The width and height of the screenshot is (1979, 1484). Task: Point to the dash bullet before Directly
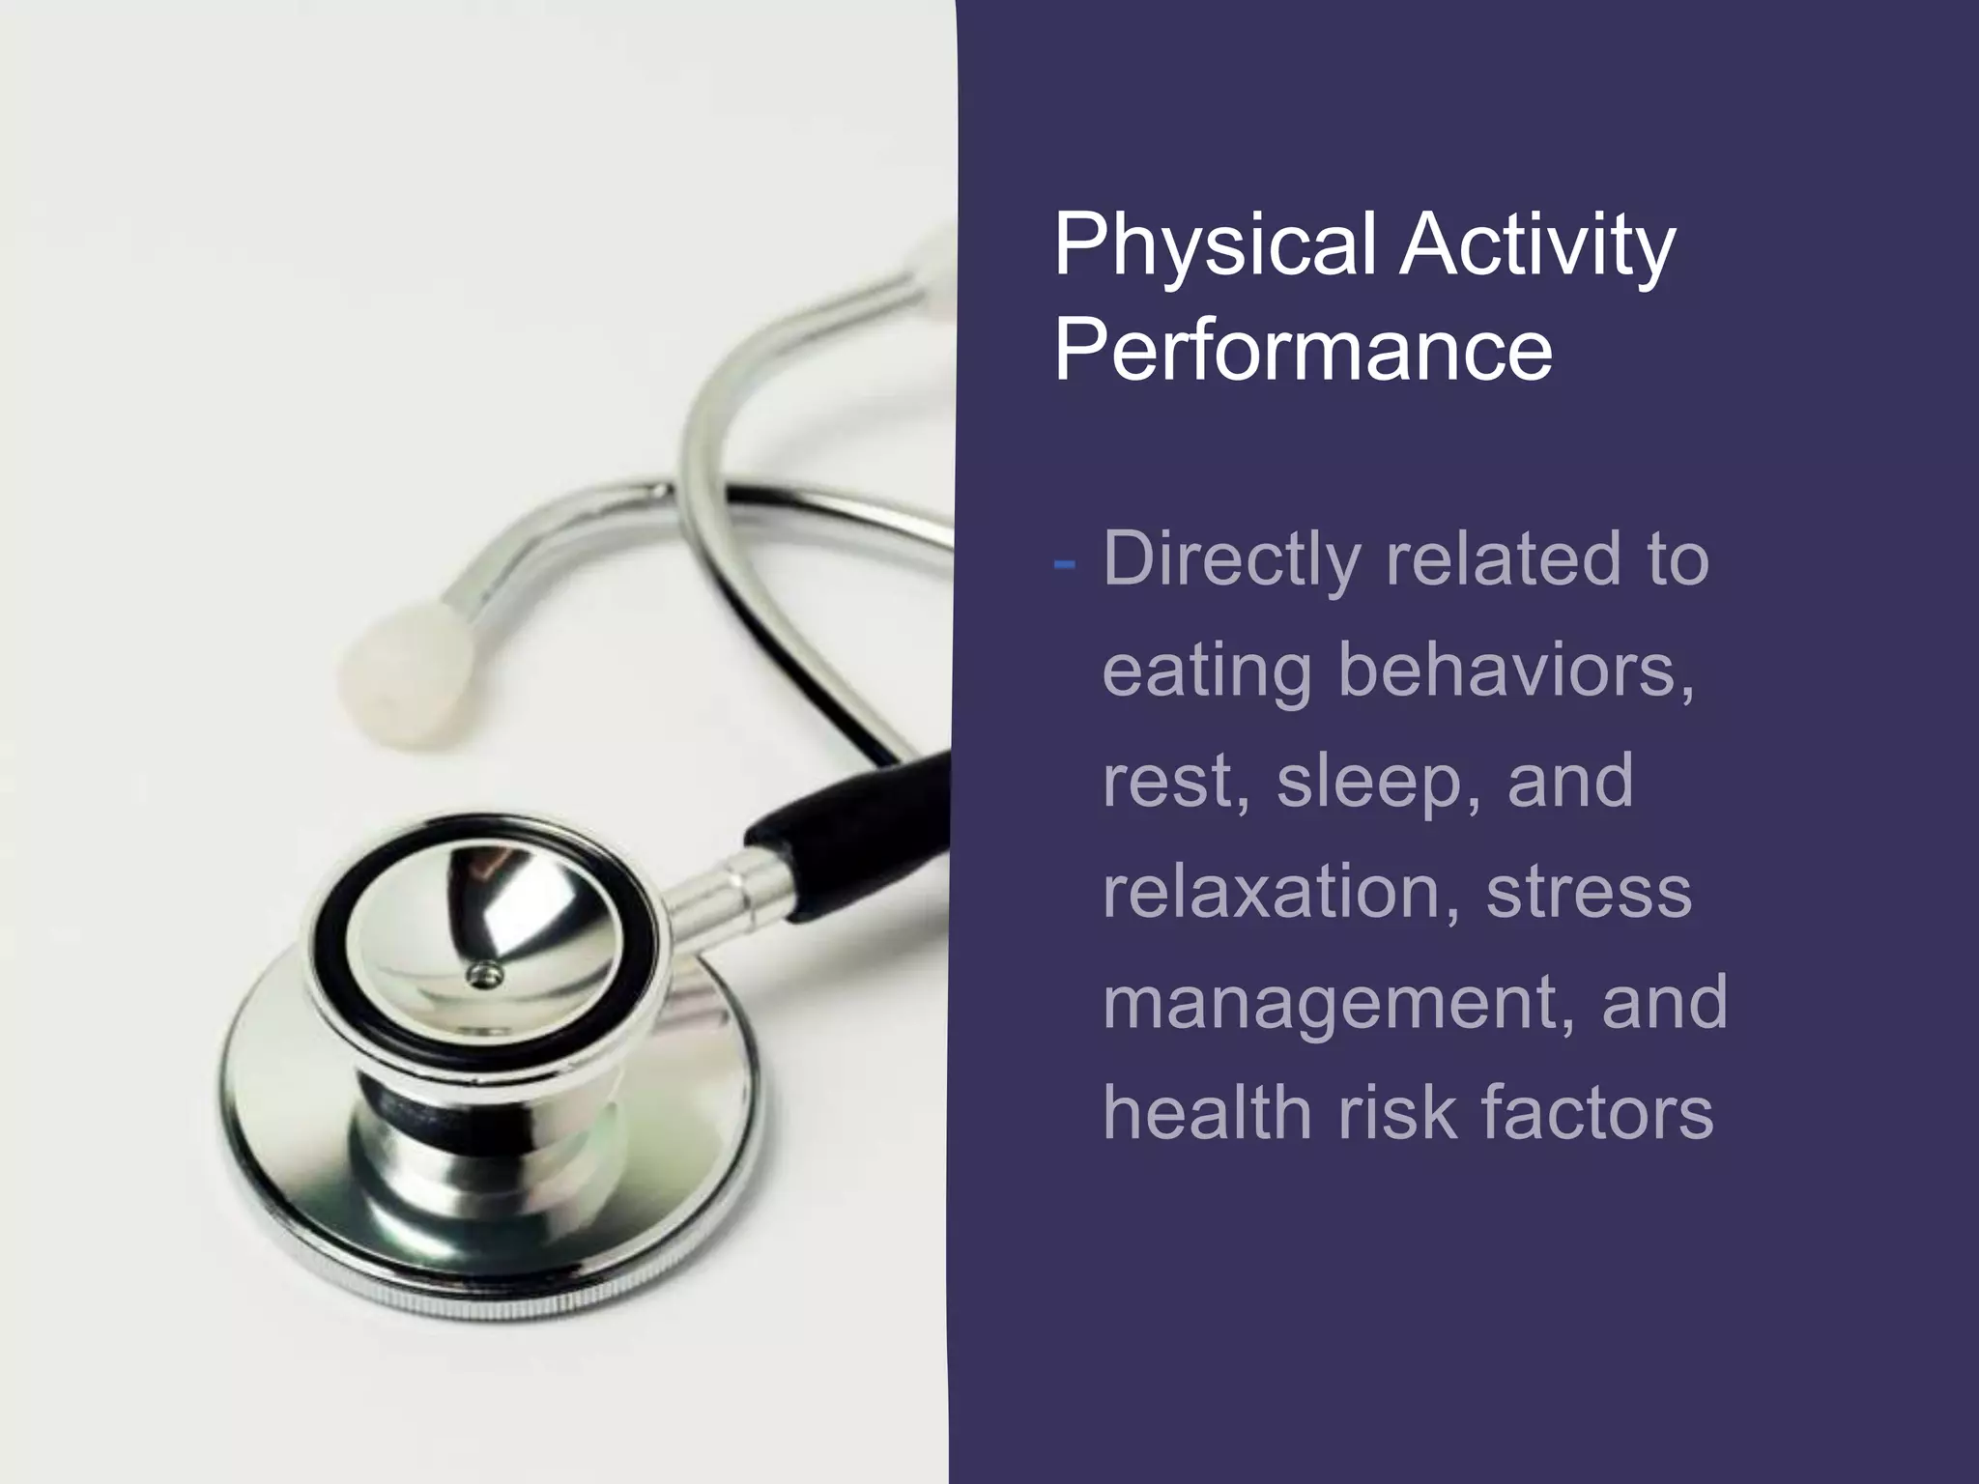[1065, 563]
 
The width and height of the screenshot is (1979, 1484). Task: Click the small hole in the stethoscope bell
[483, 975]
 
